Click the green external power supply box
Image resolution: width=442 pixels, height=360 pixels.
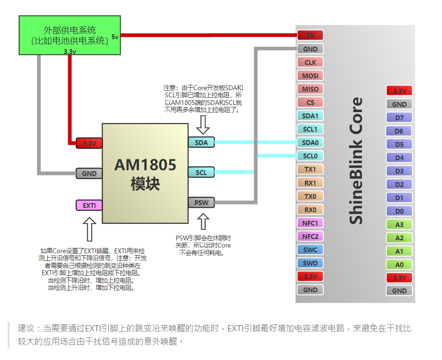coord(69,35)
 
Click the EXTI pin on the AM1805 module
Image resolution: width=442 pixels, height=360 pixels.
coord(89,206)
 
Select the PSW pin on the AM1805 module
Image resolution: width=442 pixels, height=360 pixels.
coord(201,203)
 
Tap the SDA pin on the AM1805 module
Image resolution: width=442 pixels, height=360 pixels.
coord(201,142)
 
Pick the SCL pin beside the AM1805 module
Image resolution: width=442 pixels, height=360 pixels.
coord(201,172)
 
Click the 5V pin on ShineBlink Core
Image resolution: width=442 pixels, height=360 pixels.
coord(310,35)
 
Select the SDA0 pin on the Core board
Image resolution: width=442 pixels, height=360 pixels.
coord(310,142)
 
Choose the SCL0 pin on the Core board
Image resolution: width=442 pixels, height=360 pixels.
coord(310,155)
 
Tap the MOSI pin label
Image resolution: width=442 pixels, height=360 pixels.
coord(310,75)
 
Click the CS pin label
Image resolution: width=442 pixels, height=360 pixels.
coord(310,102)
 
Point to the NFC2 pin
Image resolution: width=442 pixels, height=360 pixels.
coord(310,236)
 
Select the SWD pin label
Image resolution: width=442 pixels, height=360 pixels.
coord(310,263)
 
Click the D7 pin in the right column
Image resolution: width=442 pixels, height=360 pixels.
coord(399,117)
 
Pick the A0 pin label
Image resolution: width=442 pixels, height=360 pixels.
coord(399,264)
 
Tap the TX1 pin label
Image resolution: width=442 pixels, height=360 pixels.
coord(310,169)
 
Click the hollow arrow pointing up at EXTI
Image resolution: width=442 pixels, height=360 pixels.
coord(89,229)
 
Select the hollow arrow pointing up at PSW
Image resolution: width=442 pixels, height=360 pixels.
coord(204,222)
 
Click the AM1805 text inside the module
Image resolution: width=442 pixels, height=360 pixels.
coord(145,165)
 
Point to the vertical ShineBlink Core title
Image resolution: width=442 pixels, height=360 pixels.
coord(356,161)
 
